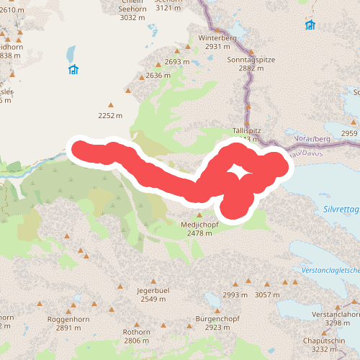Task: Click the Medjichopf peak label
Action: (x=199, y=224)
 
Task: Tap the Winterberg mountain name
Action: (x=217, y=37)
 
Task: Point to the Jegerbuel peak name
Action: (x=153, y=289)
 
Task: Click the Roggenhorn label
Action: (x=68, y=318)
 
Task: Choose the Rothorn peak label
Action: (x=136, y=332)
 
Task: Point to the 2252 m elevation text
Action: (x=110, y=115)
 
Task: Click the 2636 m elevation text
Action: (x=158, y=75)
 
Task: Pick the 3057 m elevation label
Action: (x=267, y=295)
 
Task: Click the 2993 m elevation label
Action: (x=235, y=295)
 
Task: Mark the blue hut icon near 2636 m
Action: (x=73, y=70)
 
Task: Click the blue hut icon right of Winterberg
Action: (x=310, y=25)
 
